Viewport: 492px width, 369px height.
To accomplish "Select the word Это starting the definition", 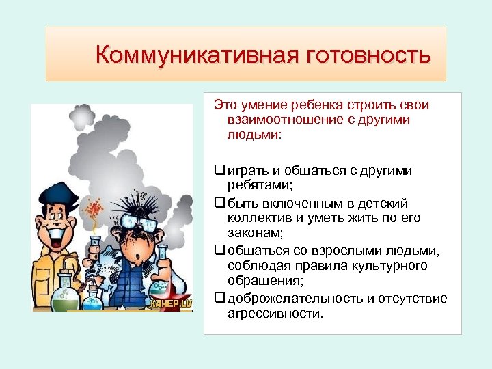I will tap(225, 106).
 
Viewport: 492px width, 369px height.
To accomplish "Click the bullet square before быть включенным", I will tap(219, 204).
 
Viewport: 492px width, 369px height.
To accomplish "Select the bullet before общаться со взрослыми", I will tap(219, 250).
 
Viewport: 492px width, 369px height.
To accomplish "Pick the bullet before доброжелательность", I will tap(219, 298).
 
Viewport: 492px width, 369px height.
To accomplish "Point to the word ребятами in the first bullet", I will tap(255, 185).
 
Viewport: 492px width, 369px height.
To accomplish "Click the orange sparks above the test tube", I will tap(96, 208).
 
